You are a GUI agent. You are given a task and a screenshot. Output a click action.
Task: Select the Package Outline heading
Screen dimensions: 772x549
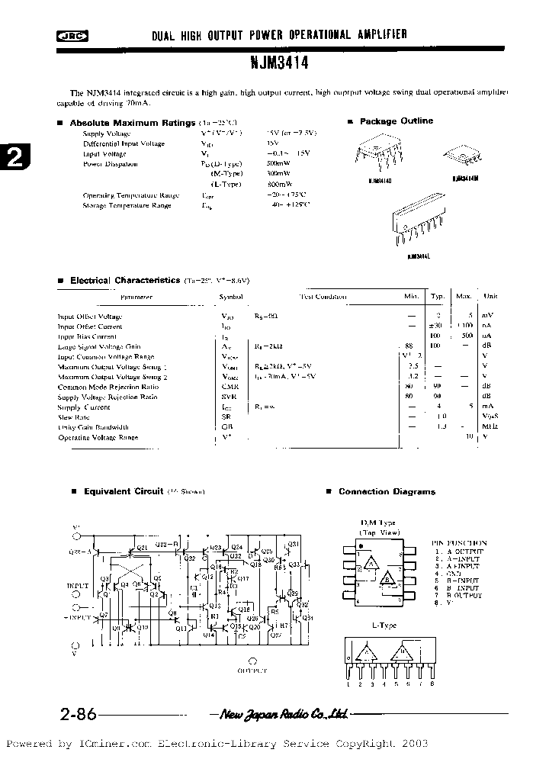(x=396, y=121)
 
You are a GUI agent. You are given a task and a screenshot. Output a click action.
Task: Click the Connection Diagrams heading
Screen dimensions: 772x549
(x=387, y=492)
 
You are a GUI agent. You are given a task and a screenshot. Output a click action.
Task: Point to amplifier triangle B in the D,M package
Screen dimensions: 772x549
(x=389, y=578)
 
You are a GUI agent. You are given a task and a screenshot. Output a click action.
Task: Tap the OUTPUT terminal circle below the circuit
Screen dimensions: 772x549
(x=252, y=661)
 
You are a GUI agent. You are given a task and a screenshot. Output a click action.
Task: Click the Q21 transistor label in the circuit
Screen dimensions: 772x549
(x=139, y=547)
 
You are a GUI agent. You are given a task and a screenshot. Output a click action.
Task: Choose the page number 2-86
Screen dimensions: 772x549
(x=77, y=716)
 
